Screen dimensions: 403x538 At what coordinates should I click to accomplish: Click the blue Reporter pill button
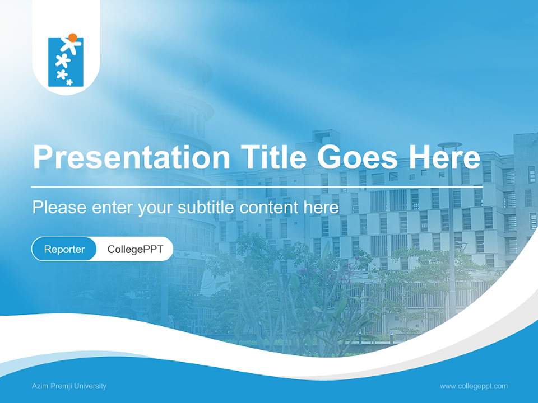click(64, 249)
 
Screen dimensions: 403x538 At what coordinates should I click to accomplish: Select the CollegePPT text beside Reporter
click(135, 249)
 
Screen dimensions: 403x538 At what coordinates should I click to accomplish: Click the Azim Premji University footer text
click(69, 386)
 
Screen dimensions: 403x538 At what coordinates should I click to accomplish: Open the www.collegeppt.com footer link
click(474, 386)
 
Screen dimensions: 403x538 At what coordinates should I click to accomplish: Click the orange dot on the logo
click(72, 38)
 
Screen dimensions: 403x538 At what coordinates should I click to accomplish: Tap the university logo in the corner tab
click(65, 61)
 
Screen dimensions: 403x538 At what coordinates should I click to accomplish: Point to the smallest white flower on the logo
click(69, 82)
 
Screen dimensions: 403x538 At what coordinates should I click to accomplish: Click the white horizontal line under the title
click(257, 186)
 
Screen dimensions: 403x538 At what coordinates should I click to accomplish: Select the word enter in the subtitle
click(112, 208)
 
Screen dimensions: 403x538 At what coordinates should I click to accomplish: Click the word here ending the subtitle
click(321, 208)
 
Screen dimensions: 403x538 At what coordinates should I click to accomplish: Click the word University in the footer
click(91, 386)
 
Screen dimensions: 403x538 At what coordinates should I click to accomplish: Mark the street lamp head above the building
click(450, 145)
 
